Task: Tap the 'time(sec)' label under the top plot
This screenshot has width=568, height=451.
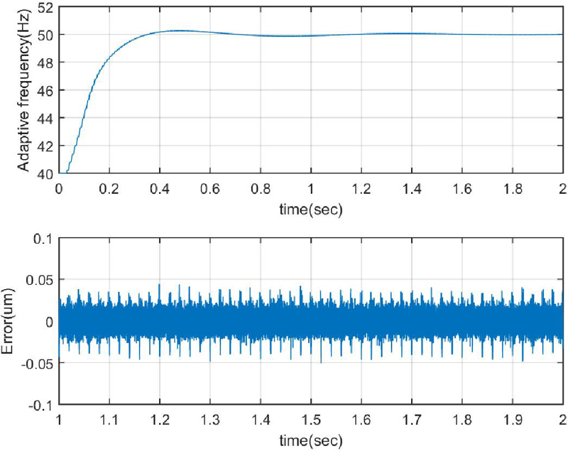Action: [x=310, y=211]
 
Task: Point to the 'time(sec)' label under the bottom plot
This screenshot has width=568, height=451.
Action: [x=310, y=440]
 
